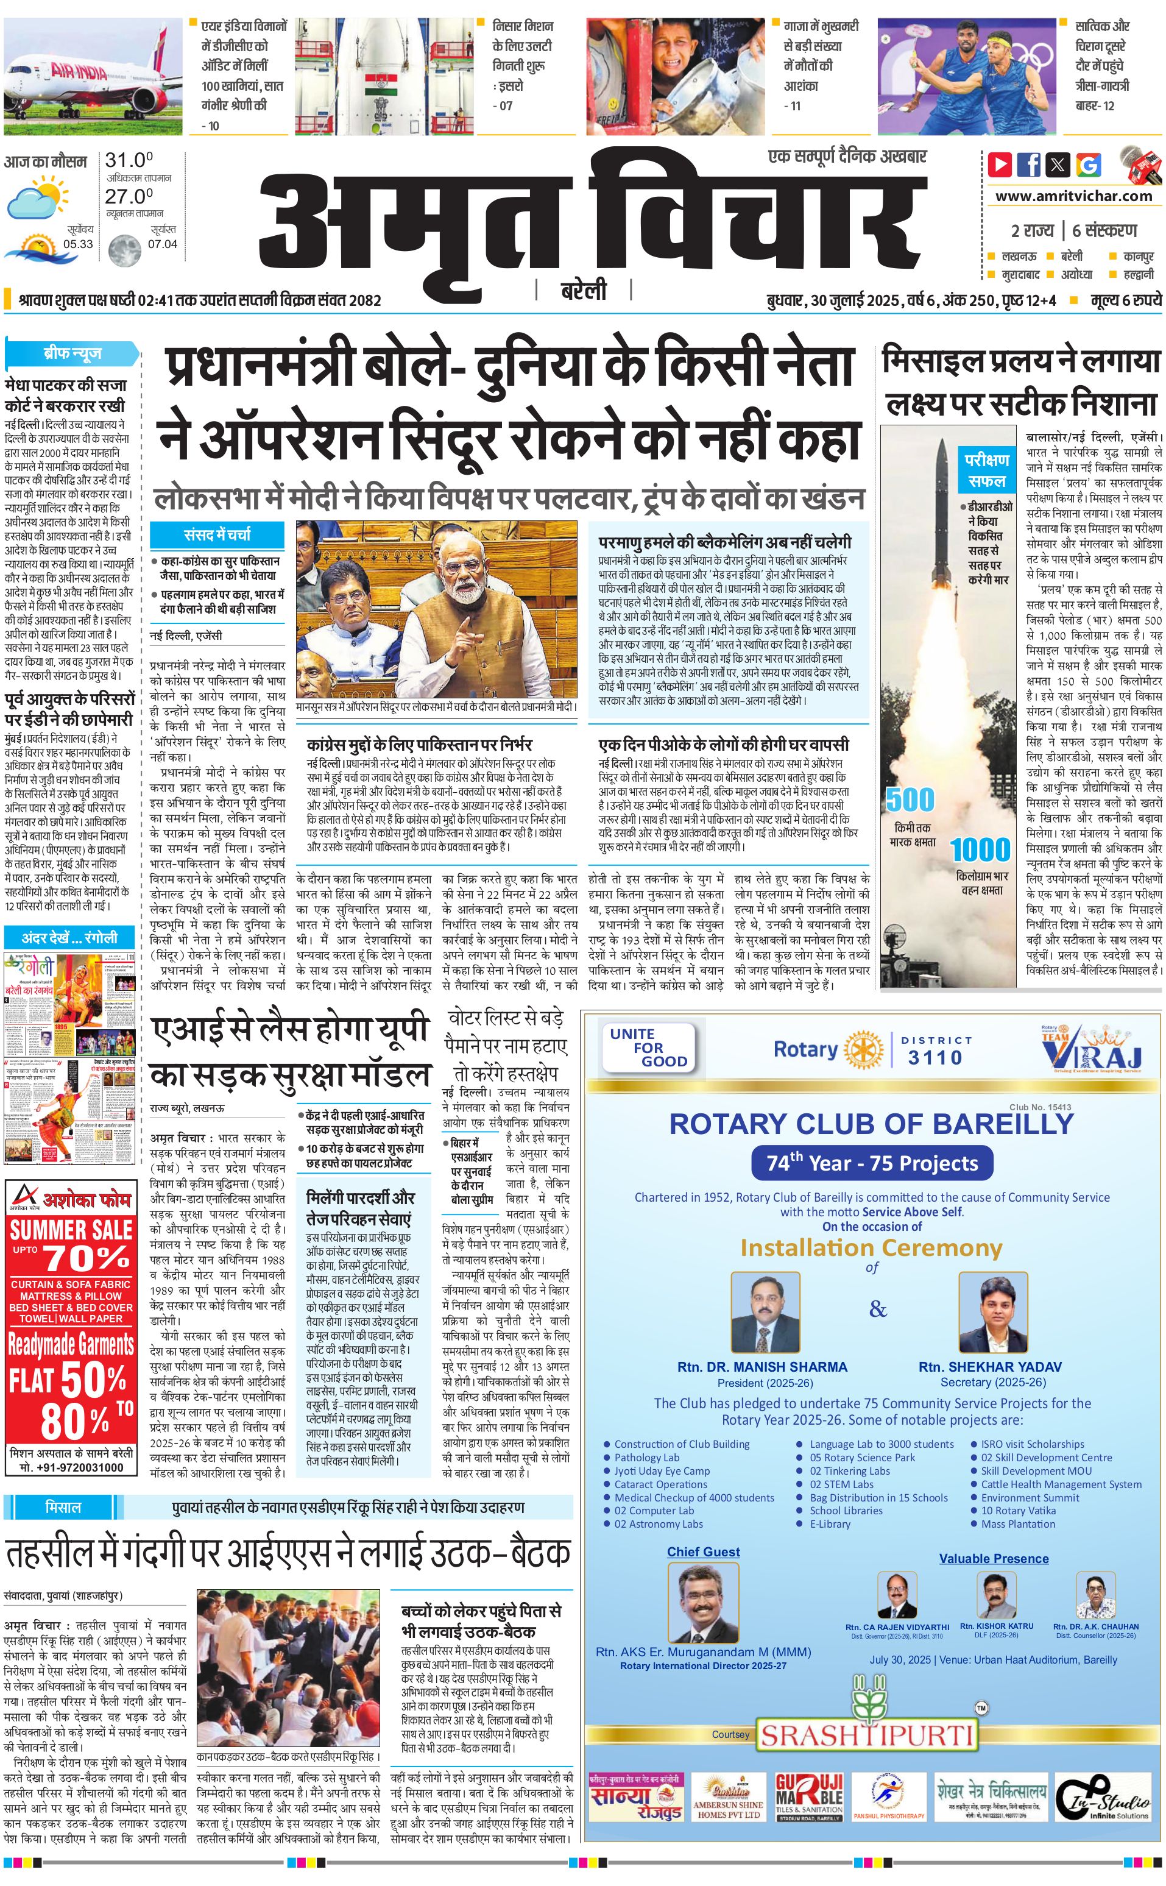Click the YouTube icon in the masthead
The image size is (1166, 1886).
[x=1000, y=165]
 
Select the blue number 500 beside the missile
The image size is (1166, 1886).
[x=910, y=800]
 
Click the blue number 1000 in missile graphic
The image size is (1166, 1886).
[x=980, y=850]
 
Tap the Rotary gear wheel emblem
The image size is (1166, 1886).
[x=864, y=1050]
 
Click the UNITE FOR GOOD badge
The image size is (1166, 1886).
[x=649, y=1048]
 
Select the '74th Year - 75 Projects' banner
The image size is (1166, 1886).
[x=872, y=1163]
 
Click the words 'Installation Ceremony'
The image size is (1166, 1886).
[x=871, y=1248]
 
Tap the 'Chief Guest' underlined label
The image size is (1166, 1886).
[x=703, y=1552]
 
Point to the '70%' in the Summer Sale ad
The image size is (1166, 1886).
[x=87, y=1259]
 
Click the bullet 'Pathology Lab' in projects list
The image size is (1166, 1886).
[x=646, y=1457]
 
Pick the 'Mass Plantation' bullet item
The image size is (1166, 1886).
[x=1018, y=1523]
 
